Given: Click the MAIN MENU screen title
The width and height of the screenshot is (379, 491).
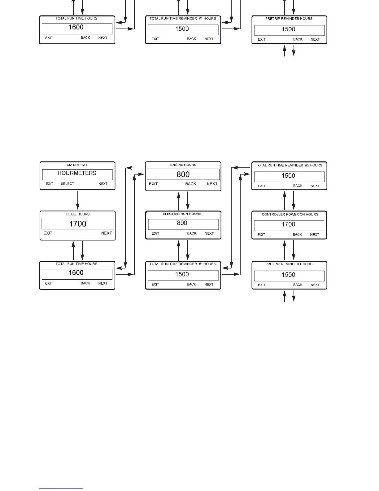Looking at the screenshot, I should (x=77, y=165).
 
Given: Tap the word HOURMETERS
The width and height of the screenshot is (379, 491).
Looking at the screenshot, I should (x=77, y=173).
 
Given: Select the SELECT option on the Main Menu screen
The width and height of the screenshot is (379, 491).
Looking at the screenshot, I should (x=68, y=184).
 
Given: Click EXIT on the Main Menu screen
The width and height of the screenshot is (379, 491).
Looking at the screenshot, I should (x=50, y=184).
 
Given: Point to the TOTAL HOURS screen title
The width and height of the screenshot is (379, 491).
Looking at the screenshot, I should (x=77, y=214).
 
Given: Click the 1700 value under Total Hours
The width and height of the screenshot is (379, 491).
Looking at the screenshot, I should (x=77, y=224).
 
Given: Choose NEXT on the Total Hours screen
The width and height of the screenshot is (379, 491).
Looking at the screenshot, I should (x=107, y=233).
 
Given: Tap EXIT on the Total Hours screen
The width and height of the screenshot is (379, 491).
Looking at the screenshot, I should (x=48, y=233).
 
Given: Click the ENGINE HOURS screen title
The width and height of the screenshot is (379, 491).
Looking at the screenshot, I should (x=183, y=165).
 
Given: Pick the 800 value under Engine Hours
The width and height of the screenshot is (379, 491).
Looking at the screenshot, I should (x=183, y=175).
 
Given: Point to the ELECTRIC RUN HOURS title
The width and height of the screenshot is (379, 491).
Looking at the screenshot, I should (x=182, y=214).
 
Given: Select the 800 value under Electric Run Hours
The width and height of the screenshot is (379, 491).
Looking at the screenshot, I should (x=182, y=223).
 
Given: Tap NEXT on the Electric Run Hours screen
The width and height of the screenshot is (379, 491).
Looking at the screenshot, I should (x=209, y=233).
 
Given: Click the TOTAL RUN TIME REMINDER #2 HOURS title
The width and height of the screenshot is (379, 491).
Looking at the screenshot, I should (x=289, y=165).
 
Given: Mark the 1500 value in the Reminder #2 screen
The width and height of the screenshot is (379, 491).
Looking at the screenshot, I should (x=288, y=176).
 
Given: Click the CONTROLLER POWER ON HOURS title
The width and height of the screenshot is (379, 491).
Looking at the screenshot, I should (x=290, y=214).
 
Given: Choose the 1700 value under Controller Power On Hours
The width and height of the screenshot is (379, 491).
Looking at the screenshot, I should (x=288, y=224).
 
